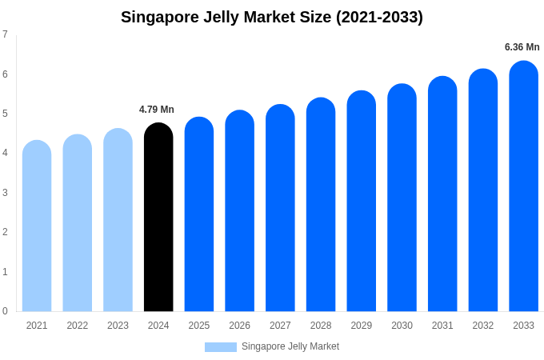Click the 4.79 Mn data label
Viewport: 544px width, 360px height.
point(157,110)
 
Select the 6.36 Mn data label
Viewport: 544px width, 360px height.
point(522,47)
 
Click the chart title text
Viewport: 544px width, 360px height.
point(272,17)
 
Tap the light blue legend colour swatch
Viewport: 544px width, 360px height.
point(220,347)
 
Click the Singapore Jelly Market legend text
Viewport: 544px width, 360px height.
point(290,346)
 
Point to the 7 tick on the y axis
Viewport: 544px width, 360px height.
point(5,34)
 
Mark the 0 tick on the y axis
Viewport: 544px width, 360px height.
point(5,311)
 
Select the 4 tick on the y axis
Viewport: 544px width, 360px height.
point(5,153)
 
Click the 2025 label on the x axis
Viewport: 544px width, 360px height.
point(199,326)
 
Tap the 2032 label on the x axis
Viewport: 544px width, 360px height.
point(482,326)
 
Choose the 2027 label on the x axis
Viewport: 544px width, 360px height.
point(280,326)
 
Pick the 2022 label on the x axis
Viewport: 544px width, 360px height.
point(78,326)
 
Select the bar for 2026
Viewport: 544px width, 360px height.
point(239,211)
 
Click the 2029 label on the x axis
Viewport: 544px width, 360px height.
point(361,326)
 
